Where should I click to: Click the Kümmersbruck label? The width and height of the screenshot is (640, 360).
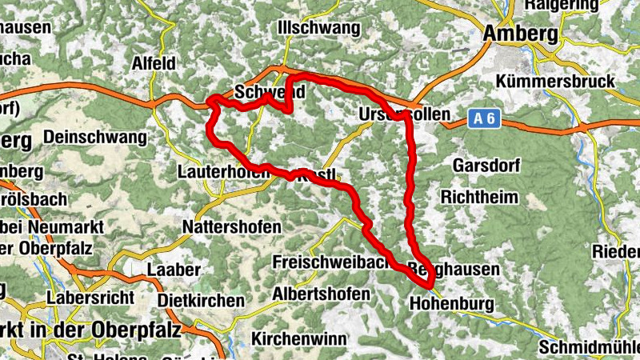pyautogui.click(x=555, y=82)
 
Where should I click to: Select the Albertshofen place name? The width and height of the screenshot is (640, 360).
pyautogui.click(x=321, y=294)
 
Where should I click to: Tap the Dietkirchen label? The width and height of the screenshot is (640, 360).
pyautogui.click(x=201, y=301)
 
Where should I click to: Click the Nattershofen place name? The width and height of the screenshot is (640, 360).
pyautogui.click(x=232, y=226)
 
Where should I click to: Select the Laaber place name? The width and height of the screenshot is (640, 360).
pyautogui.click(x=174, y=270)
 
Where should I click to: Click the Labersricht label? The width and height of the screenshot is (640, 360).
pyautogui.click(x=88, y=297)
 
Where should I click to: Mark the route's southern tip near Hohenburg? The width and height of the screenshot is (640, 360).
pyautogui.click(x=430, y=283)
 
